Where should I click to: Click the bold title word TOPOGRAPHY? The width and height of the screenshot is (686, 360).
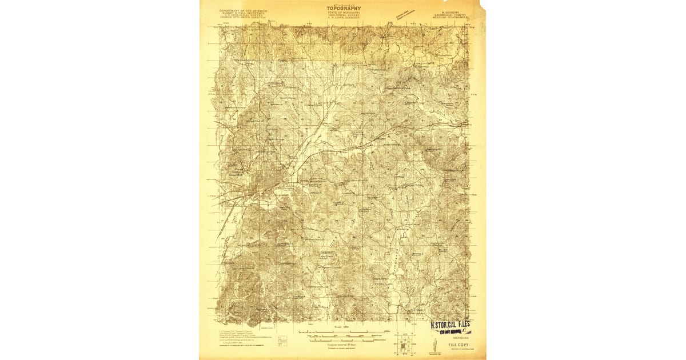tap(344, 8)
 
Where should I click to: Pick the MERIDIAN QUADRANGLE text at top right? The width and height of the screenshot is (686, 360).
tap(450, 18)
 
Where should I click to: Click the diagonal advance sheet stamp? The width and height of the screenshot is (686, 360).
tap(408, 15)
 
